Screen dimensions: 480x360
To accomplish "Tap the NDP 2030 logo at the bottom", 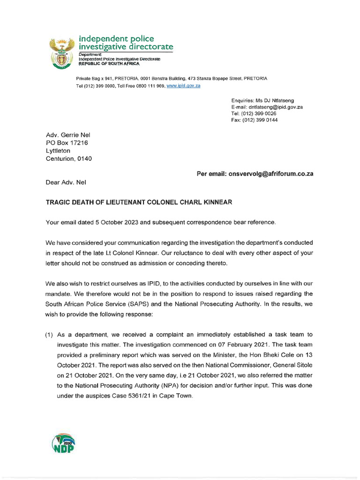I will [62, 443].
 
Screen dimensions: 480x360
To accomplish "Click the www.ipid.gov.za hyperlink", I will [183, 86].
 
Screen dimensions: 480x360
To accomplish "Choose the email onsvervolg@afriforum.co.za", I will [271, 173].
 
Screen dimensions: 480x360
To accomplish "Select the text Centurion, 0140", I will [68, 158].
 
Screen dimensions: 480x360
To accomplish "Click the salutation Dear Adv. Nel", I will [66, 182].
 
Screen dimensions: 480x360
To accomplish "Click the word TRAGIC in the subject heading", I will [57, 202].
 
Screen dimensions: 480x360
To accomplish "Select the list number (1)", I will [49, 335].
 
